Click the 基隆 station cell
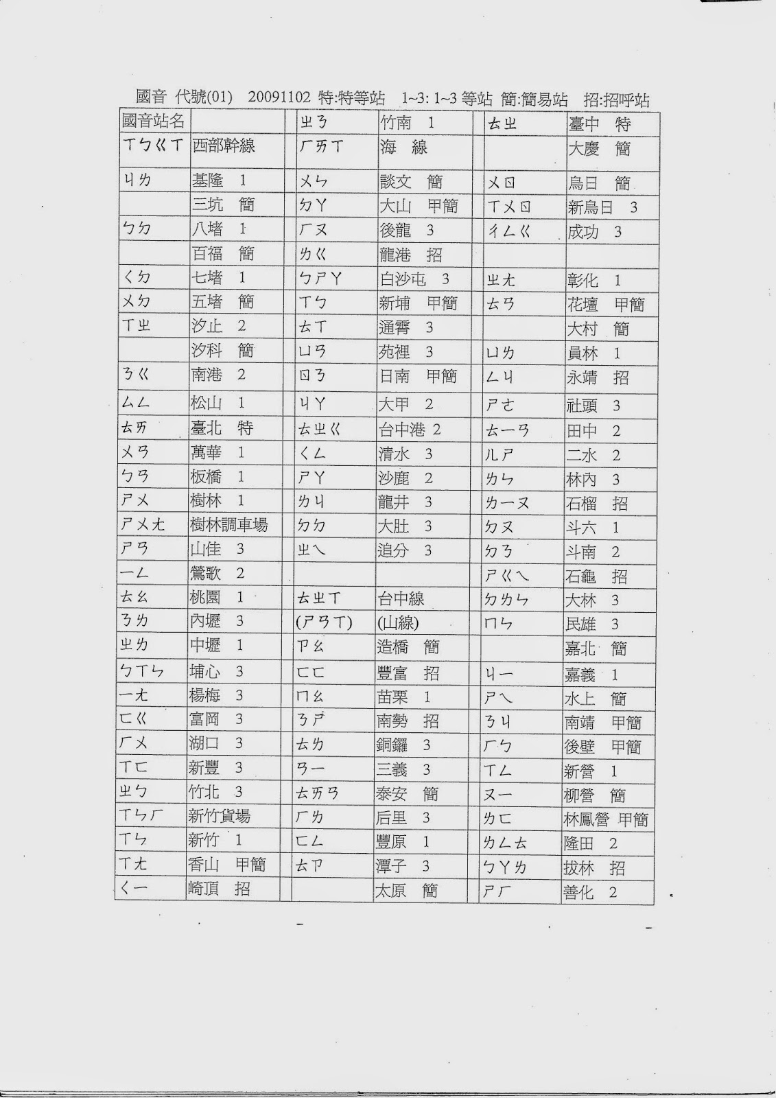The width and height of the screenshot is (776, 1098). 219,181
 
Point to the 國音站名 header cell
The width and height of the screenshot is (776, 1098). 153,121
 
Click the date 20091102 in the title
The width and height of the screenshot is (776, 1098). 281,99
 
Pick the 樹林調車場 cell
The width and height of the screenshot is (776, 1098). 228,525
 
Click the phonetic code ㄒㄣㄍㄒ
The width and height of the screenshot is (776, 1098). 154,145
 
